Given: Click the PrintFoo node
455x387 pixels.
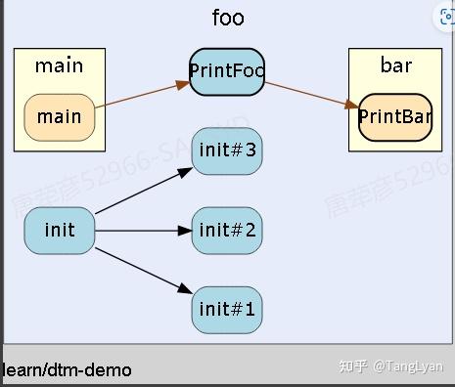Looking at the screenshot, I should tap(227, 71).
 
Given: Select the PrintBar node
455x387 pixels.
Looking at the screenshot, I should tap(395, 117).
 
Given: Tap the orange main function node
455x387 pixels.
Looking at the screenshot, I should tap(60, 117).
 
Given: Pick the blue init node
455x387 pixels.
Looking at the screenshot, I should tap(60, 231).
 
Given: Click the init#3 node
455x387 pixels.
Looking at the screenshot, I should tap(227, 150).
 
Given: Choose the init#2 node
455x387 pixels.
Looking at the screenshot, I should tap(227, 231).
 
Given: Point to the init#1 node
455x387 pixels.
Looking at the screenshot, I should tap(227, 311).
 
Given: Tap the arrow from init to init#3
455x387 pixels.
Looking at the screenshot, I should tap(142, 192).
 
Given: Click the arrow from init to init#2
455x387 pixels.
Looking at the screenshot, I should tap(142, 232).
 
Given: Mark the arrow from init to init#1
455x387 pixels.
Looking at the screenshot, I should tap(142, 271).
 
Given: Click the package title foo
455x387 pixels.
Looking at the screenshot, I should tap(228, 18).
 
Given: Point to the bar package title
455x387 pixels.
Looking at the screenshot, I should tap(395, 66).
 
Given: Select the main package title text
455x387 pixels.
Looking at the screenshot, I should tap(60, 66).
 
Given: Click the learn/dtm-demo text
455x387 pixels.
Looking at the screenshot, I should tap(68, 370).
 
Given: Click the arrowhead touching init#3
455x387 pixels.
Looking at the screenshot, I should tap(185, 171).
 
